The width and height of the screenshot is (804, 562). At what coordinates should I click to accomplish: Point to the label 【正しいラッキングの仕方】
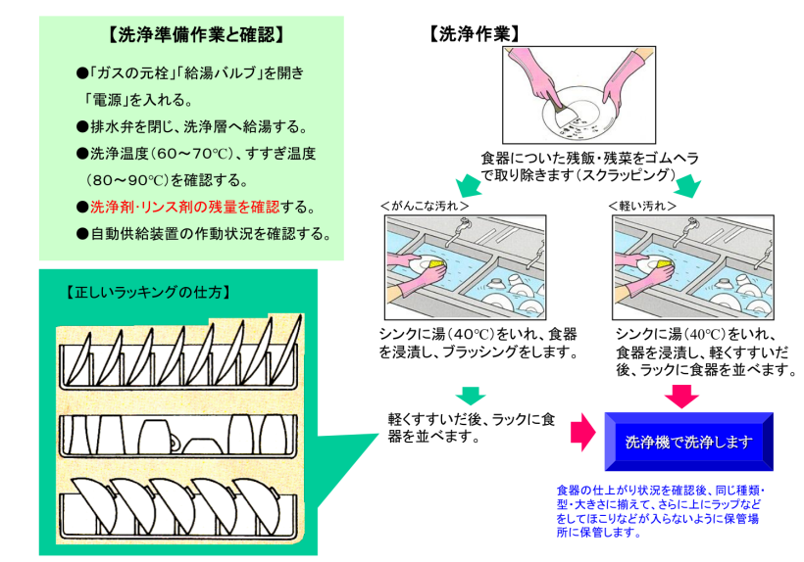click(146, 292)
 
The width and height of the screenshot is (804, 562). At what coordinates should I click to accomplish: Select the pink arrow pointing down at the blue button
click(681, 396)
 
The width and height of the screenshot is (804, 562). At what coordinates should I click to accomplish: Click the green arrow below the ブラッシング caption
click(471, 395)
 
